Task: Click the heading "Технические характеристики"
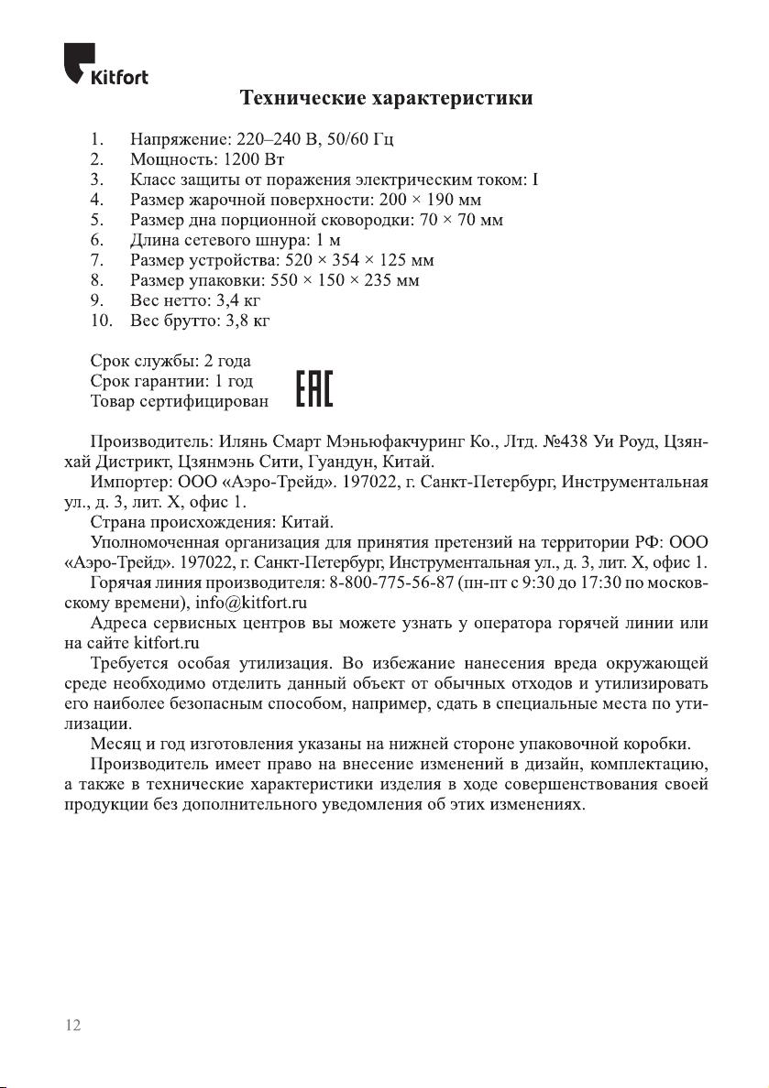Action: click(386, 97)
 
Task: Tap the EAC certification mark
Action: click(314, 390)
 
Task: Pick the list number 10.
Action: click(101, 321)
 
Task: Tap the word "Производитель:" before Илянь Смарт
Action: click(152, 443)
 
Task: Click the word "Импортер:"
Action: click(127, 483)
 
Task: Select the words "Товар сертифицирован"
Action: click(180, 401)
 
